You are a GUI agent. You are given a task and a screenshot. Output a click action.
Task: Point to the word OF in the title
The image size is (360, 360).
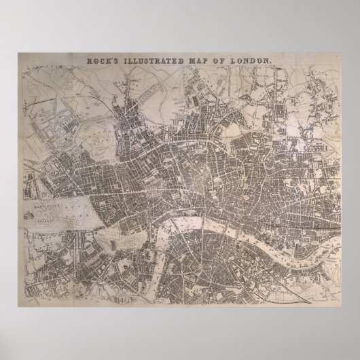coord(218,60)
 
